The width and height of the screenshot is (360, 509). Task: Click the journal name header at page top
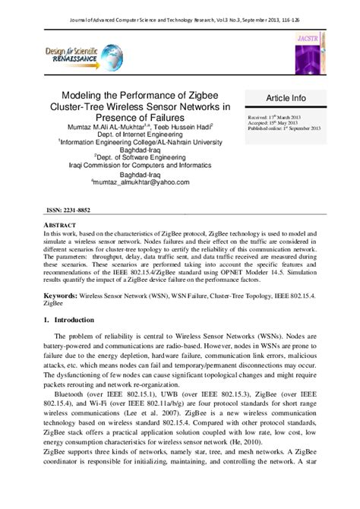click(x=179, y=6)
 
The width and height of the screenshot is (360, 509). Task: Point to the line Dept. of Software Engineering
click(x=134, y=156)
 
